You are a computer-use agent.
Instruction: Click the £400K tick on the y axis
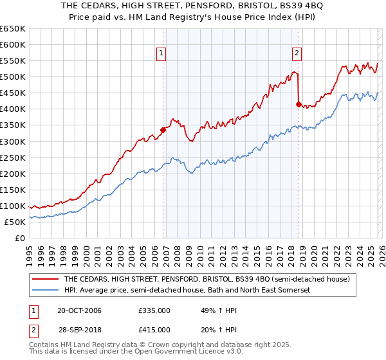(x=13, y=109)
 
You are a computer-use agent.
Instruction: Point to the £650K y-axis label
(x=13, y=29)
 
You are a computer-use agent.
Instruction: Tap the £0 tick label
(x=19, y=238)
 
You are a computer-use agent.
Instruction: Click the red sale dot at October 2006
(x=163, y=130)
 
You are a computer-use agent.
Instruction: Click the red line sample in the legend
(x=46, y=280)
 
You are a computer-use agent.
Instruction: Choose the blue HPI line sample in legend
(x=46, y=291)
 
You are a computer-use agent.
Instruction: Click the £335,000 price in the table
(x=154, y=310)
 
